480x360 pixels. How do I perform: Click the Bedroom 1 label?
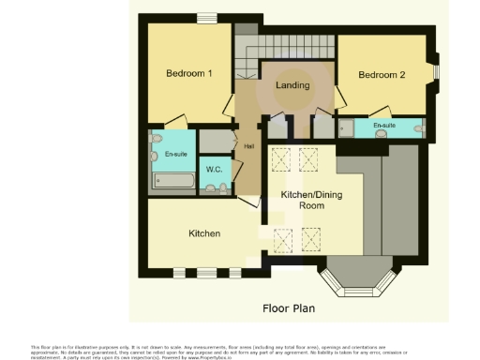[x=189, y=73]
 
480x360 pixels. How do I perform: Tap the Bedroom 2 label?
[x=382, y=76]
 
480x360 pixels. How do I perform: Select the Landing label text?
[x=292, y=85]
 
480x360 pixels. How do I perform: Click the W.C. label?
[x=215, y=171]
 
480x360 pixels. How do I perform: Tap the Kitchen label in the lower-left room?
[x=204, y=232]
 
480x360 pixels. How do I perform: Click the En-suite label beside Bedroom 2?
[x=383, y=126]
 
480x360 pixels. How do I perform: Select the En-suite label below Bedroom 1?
[x=175, y=154]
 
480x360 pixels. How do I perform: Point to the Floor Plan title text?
[x=288, y=307]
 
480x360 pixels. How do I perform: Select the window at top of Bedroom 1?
[x=206, y=18]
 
